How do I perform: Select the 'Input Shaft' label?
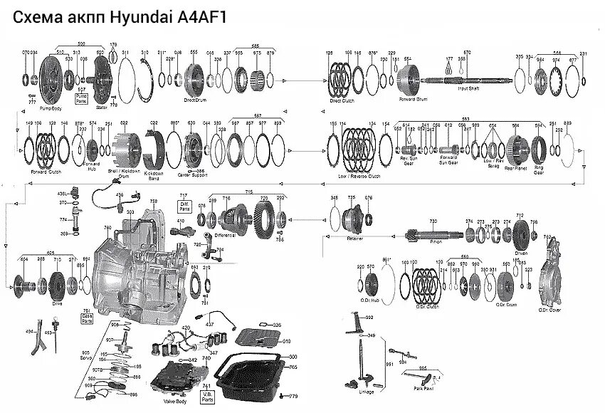point(468,88)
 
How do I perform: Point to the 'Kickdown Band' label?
point(154,173)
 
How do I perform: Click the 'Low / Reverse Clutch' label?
point(360,175)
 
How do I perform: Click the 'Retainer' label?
point(355,239)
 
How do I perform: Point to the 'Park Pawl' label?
point(424,389)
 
